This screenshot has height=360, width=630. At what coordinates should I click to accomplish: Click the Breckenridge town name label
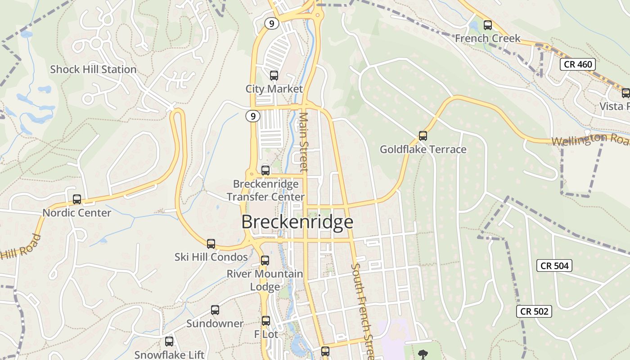tap(297, 222)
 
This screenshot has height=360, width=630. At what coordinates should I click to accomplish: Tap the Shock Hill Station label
tap(93, 69)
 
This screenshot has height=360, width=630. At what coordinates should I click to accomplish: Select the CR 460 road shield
tap(578, 64)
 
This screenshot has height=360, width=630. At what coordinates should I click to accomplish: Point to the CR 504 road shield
tap(555, 265)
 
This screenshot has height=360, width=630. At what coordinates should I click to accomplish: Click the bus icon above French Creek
tap(487, 25)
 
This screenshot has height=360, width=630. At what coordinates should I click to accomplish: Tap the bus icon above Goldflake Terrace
tap(423, 135)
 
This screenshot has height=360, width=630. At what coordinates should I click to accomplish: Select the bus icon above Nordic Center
tap(77, 199)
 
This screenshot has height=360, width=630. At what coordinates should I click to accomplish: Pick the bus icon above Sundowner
tap(215, 310)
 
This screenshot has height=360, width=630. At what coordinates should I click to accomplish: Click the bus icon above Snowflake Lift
tap(169, 342)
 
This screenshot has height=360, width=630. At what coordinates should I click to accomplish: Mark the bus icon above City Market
tap(274, 76)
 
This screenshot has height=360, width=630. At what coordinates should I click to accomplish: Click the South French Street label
tap(363, 310)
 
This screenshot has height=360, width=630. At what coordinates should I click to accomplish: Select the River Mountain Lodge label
tap(265, 280)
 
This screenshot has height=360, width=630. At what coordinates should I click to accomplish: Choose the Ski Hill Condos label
tap(211, 257)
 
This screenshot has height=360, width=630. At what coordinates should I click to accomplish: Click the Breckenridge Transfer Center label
tap(265, 190)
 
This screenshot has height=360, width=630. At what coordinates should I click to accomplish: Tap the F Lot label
tap(266, 334)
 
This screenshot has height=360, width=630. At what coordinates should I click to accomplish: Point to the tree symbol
tap(423, 355)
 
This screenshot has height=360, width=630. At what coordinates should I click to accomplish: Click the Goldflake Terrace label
tap(423, 149)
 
